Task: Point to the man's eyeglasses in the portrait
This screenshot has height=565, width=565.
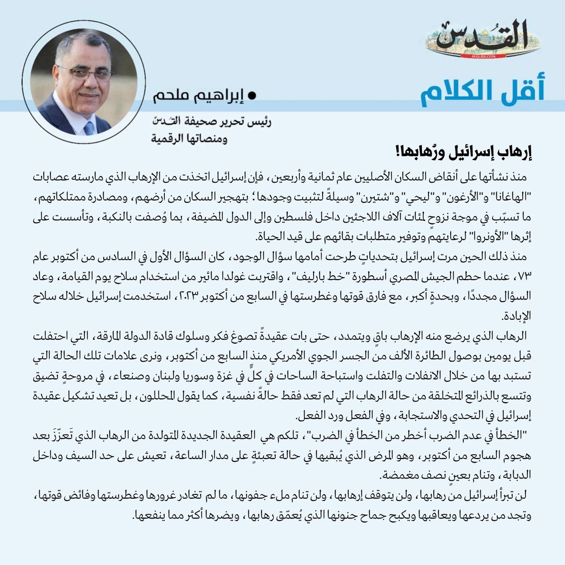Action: pyautogui.click(x=85, y=73)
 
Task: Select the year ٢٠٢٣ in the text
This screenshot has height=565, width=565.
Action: pyautogui.click(x=209, y=296)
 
